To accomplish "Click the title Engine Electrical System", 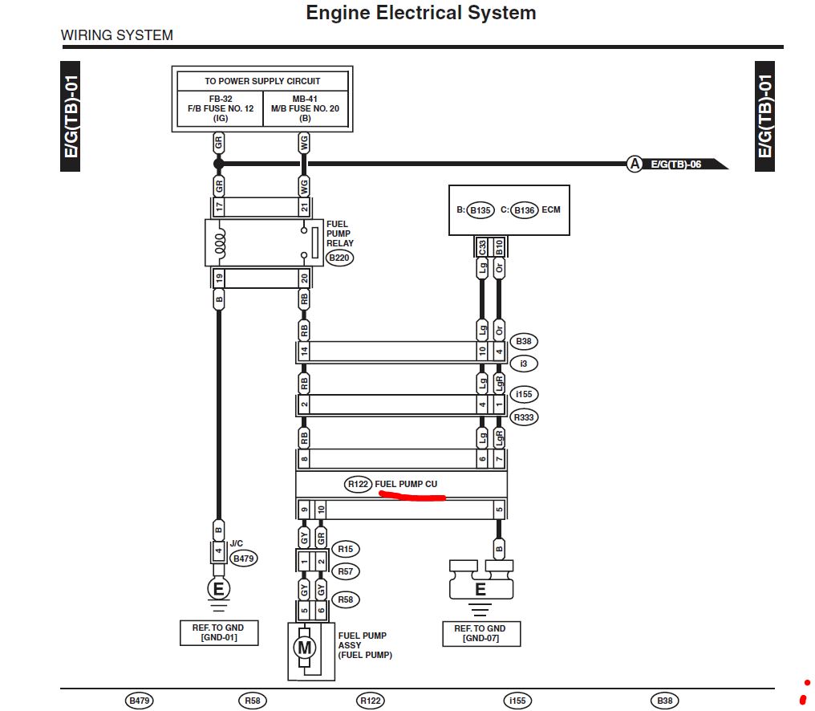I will (421, 13).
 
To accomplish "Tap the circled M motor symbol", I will (304, 648).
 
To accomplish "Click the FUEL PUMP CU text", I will (406, 484).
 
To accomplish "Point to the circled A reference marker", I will (635, 164).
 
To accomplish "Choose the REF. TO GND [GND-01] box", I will (219, 632).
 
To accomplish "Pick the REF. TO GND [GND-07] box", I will (480, 633).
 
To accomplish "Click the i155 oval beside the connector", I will (524, 395).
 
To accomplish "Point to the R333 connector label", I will (524, 417).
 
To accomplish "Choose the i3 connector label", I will (524, 364).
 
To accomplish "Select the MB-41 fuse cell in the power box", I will (306, 108).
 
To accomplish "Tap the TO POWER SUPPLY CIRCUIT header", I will (262, 81).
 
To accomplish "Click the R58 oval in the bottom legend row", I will (253, 701).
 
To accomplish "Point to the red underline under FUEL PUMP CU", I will (412, 497).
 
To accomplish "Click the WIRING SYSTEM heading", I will (117, 35).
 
